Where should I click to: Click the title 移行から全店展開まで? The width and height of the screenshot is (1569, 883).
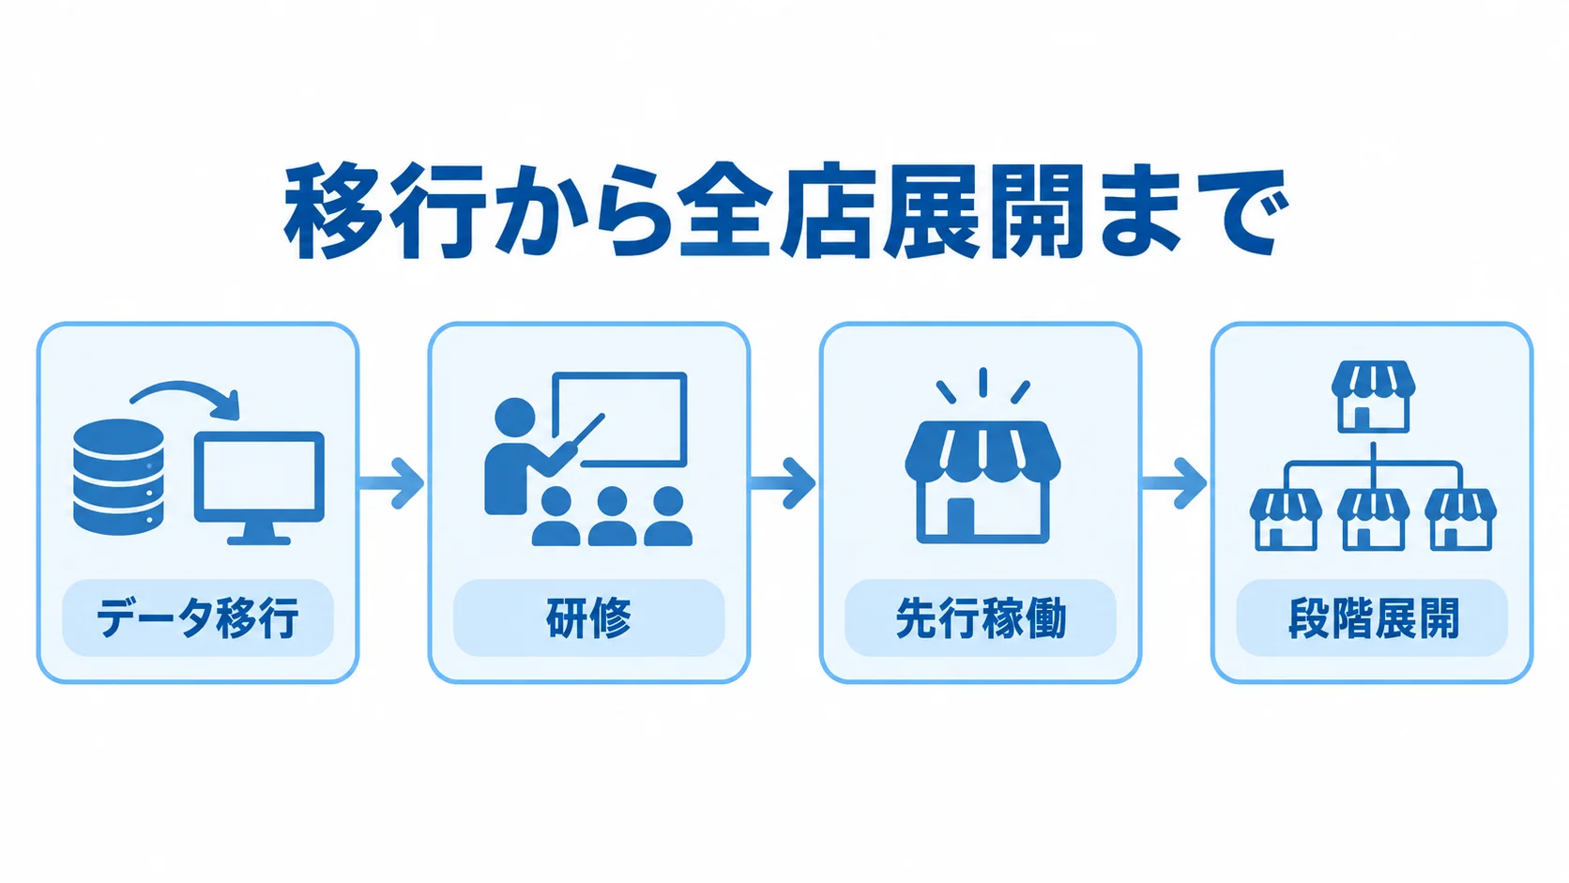point(785,211)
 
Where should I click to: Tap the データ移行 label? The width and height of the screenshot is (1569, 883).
point(197,618)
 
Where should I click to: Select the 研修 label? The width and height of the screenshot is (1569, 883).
point(588,618)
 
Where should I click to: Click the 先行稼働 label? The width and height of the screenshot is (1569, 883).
point(981,618)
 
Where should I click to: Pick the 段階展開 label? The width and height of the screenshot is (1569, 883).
point(1373,618)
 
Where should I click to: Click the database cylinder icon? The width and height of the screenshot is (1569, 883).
point(118,477)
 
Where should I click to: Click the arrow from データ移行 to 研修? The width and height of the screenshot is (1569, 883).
point(392,482)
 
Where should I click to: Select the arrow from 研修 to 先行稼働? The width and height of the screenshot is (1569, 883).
point(784,482)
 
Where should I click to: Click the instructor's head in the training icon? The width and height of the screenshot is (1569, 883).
point(515,419)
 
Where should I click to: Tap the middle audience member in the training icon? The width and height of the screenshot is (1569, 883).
point(612,516)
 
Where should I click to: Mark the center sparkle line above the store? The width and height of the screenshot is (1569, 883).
point(983,382)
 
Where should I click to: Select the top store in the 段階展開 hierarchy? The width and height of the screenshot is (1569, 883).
point(1373,396)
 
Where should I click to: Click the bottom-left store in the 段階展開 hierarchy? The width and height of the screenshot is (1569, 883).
point(1286,520)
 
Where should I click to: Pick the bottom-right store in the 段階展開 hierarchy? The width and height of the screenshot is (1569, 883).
point(1460,520)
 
